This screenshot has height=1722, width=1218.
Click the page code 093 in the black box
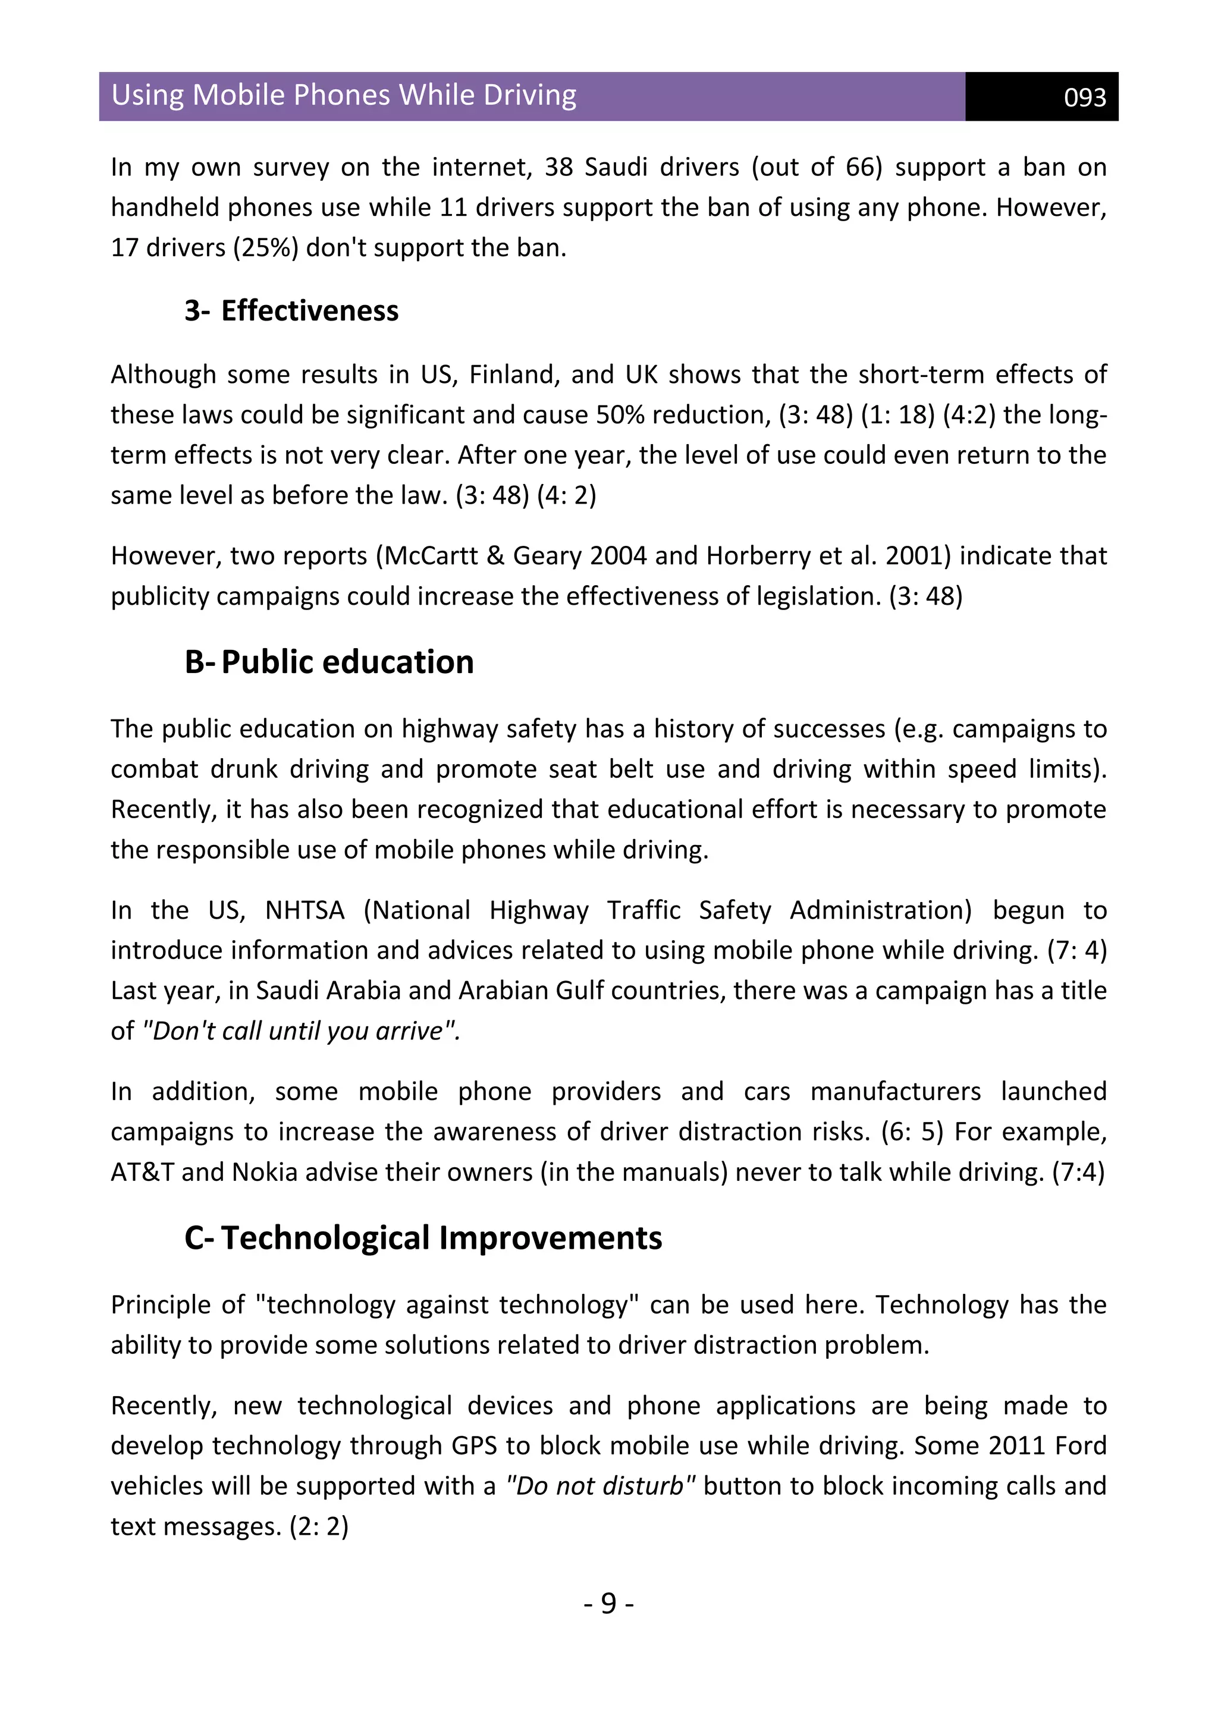pyautogui.click(x=1085, y=98)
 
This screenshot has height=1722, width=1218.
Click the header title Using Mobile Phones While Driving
pyautogui.click(x=344, y=95)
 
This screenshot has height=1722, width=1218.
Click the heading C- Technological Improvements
pyautogui.click(x=423, y=1238)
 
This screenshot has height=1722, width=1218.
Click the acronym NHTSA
pyautogui.click(x=304, y=910)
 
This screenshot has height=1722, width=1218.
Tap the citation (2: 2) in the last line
pyautogui.click(x=319, y=1526)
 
